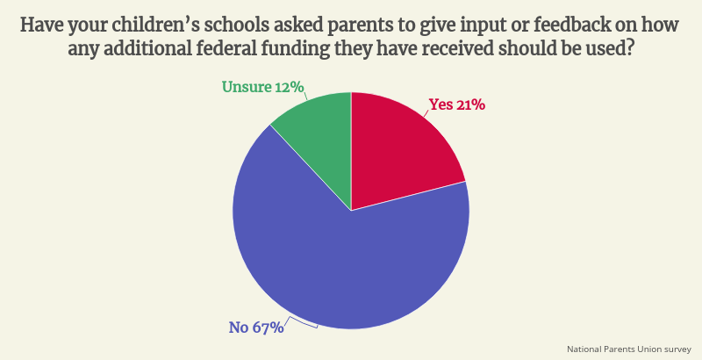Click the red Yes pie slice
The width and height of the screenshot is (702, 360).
(x=398, y=148)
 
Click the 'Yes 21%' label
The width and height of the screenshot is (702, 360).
(x=456, y=104)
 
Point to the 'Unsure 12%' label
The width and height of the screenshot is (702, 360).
(x=262, y=86)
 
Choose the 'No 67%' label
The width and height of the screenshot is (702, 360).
(x=256, y=328)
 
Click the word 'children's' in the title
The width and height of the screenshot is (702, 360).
(x=153, y=25)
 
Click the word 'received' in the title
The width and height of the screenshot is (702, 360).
(x=455, y=49)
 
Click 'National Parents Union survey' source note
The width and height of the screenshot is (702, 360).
(x=628, y=349)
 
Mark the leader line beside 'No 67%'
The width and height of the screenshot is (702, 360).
(x=301, y=323)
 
